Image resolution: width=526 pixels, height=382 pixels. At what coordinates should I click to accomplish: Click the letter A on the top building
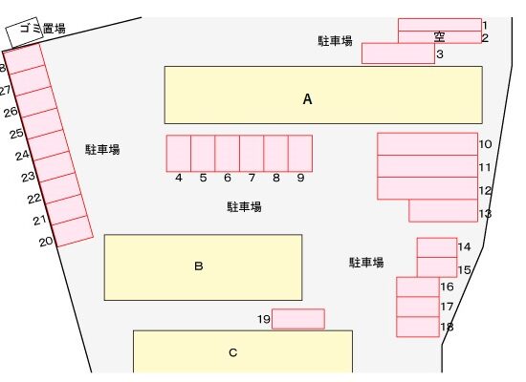point(307,99)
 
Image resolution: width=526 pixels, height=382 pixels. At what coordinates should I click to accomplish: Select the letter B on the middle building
point(199,266)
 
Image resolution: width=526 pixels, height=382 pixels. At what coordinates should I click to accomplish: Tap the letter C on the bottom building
point(232,352)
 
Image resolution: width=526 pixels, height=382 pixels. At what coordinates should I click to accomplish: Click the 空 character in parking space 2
point(440,37)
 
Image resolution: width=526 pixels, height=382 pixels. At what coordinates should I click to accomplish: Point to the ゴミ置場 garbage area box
point(25,32)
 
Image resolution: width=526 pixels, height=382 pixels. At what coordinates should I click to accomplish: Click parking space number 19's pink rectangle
point(298,319)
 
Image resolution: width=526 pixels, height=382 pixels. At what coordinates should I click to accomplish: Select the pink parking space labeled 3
point(398,53)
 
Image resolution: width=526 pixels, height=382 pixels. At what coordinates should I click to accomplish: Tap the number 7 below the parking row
point(252,178)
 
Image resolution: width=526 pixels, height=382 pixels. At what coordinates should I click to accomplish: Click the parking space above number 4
point(179,154)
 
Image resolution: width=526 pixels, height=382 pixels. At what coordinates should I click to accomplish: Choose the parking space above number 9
point(300,154)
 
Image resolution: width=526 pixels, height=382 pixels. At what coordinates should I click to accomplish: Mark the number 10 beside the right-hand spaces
point(485,144)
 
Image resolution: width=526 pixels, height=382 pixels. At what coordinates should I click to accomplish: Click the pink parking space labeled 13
point(443,211)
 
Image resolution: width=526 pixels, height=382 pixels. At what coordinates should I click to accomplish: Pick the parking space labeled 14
point(437,247)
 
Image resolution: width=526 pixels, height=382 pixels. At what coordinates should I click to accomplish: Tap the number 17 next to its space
point(447,307)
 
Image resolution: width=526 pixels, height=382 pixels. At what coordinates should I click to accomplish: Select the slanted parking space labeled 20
point(74,231)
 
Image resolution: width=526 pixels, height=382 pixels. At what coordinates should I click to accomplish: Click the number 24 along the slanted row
point(23,155)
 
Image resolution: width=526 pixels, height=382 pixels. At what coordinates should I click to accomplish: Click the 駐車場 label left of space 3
point(335,41)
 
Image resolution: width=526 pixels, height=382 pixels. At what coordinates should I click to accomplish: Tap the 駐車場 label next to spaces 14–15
point(366,263)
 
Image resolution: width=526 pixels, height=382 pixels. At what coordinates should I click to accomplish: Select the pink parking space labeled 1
point(440,25)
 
